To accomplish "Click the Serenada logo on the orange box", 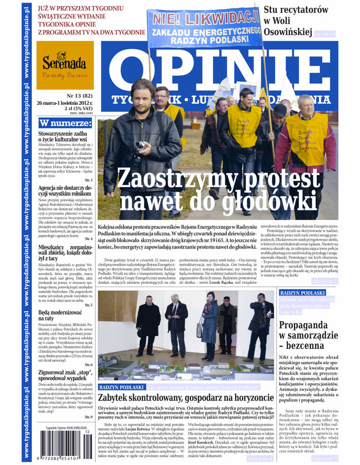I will click(x=65, y=64).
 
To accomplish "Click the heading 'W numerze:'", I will click(x=65, y=123).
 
